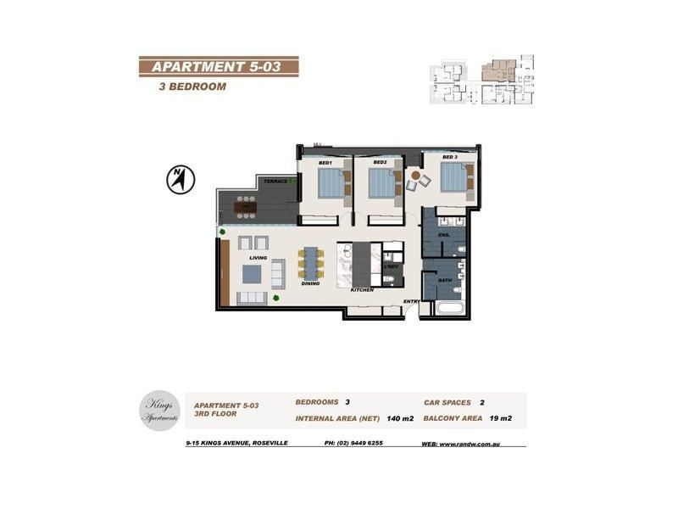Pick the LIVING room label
click(258, 257)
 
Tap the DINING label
click(310, 283)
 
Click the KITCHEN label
click(362, 290)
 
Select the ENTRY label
click(412, 301)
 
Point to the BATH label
click(444, 279)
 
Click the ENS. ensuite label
click(442, 234)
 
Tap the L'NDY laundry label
click(391, 267)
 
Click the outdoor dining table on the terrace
click(246, 204)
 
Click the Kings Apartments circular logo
click(161, 410)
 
